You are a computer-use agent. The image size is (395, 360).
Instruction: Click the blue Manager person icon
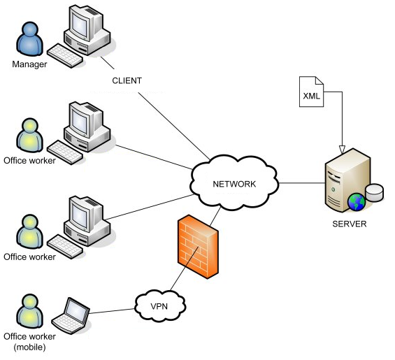point(29,41)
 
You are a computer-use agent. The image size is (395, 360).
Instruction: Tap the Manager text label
point(29,65)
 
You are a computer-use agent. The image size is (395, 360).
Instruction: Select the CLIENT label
point(127,80)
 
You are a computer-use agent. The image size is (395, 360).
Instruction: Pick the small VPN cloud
point(159,305)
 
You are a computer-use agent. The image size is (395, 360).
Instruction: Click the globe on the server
point(357,202)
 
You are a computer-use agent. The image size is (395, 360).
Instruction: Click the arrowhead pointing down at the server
point(342,149)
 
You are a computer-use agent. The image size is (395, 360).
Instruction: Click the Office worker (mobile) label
point(29,342)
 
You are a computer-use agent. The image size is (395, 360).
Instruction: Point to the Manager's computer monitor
point(87,24)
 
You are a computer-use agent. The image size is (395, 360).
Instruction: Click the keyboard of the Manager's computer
point(66,56)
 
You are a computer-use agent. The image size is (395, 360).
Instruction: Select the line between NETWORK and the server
point(301,185)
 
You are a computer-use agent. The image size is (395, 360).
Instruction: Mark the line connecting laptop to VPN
point(112,310)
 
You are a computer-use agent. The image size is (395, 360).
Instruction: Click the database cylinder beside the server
point(375,192)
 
